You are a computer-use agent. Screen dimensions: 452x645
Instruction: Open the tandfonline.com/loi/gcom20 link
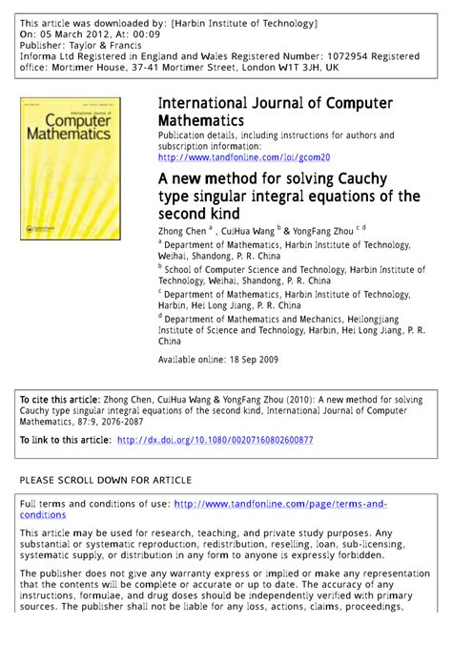(x=243, y=156)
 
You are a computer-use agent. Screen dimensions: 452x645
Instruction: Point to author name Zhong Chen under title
(x=185, y=231)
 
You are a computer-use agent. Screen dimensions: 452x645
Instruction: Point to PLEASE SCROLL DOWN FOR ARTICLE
(x=106, y=479)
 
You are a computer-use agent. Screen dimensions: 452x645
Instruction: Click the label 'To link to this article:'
(x=64, y=440)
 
